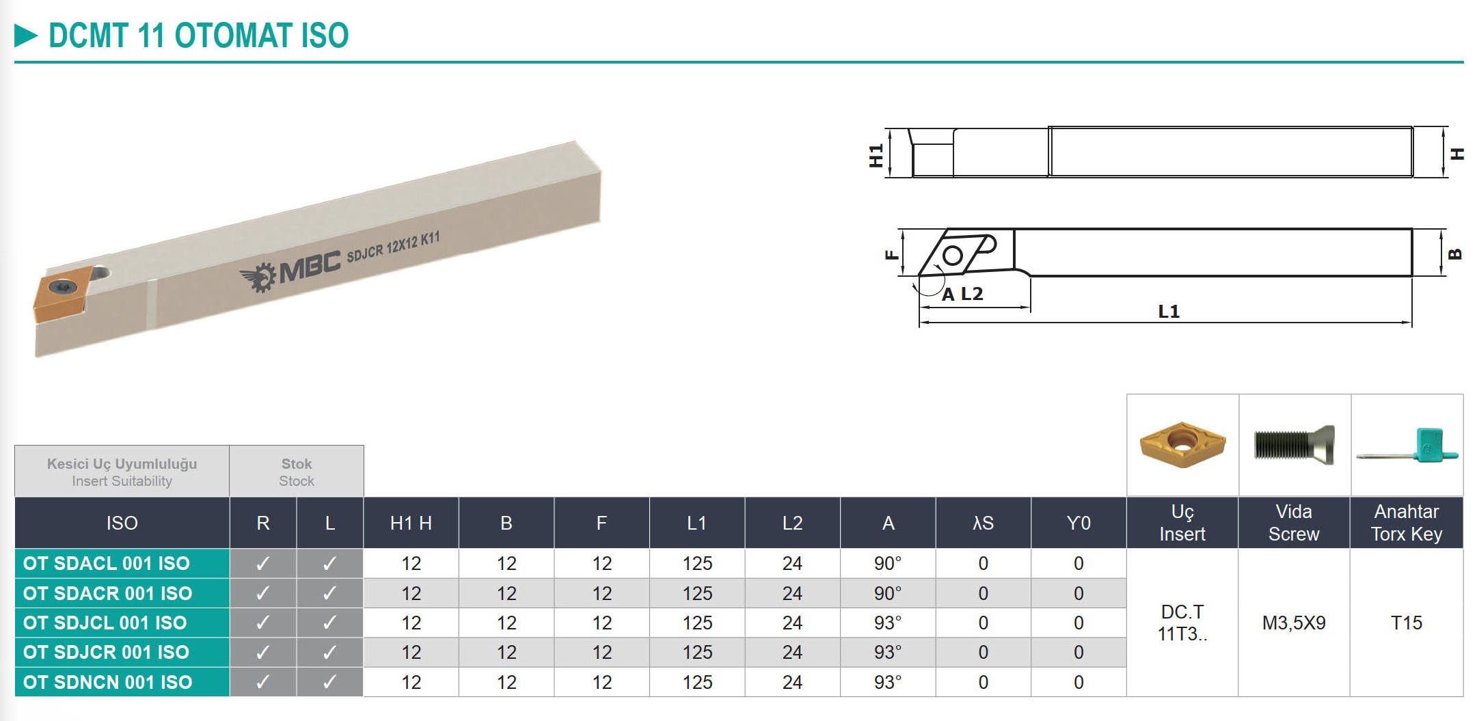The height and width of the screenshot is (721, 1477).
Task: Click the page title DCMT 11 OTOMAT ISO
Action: [x=198, y=36]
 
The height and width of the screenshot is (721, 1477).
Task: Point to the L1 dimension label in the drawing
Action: [x=1169, y=312]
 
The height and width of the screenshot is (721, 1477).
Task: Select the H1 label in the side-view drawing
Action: [x=876, y=156]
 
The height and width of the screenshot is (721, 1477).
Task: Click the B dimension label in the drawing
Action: [x=1455, y=254]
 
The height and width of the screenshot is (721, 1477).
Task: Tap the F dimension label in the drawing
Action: [x=891, y=255]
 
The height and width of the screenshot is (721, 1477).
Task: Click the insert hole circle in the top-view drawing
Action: [x=952, y=256]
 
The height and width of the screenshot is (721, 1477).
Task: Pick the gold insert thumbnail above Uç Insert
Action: [x=1182, y=444]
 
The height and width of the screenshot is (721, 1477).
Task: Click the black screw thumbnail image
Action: [x=1294, y=444]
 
